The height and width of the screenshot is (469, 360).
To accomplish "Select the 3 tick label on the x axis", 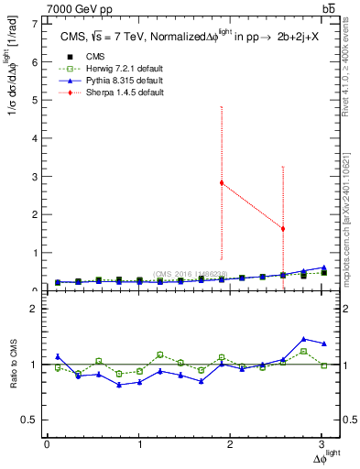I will tap(322, 444).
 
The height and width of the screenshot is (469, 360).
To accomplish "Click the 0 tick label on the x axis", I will tap(47, 444).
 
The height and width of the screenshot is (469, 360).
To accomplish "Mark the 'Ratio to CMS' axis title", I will tap(13, 365).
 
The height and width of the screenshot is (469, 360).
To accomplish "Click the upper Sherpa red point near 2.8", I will tap(222, 182).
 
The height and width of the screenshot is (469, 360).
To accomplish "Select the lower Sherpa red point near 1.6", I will tap(283, 228).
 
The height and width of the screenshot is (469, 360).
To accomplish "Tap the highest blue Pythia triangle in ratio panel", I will tap(303, 339).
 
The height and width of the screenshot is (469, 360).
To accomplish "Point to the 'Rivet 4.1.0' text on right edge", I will tap(349, 82).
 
